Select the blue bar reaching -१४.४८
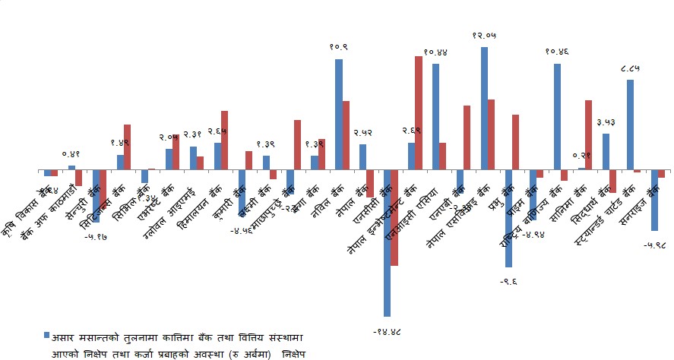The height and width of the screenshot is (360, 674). point(387,242)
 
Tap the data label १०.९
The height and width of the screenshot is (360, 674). point(340,48)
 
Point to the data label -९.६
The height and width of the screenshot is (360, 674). point(509,280)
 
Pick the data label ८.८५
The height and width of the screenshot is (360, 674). point(629,69)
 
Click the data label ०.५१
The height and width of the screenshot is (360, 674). point(71,154)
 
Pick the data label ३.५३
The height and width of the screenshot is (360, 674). point(606,122)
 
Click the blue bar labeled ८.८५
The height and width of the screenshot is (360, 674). point(630,125)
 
